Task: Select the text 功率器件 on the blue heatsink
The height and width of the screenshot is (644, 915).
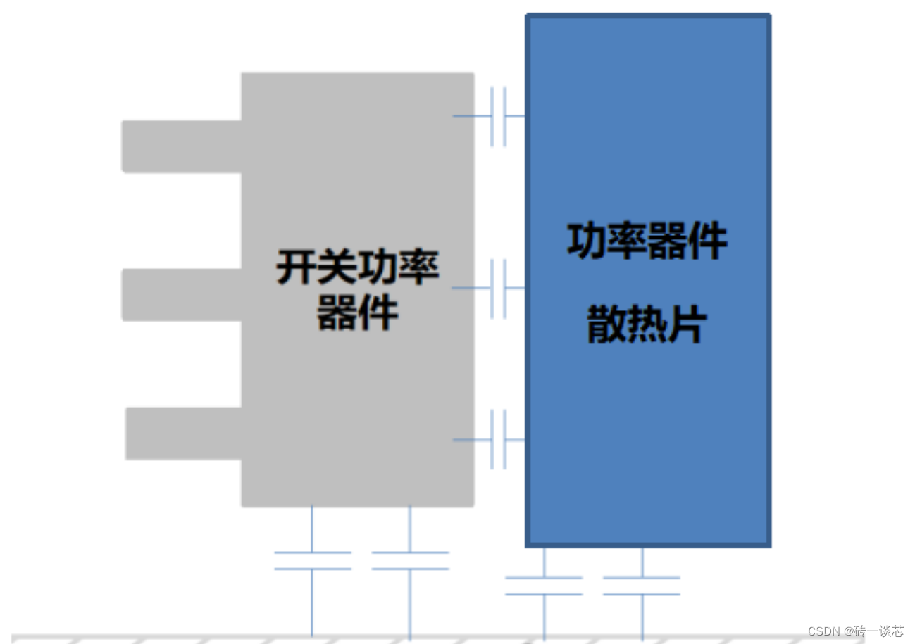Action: (x=647, y=241)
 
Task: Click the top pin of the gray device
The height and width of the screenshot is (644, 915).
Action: (x=182, y=146)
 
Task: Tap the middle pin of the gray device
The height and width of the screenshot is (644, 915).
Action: (x=182, y=295)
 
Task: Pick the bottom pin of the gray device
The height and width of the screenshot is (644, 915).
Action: (x=184, y=434)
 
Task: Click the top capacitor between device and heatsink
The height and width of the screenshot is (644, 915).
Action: (x=498, y=116)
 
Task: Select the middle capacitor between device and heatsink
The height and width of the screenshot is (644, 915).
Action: (x=498, y=289)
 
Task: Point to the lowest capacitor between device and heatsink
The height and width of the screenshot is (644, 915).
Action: (x=498, y=440)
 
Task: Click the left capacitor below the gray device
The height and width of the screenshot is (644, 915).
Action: (x=312, y=561)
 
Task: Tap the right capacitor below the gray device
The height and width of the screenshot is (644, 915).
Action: (x=410, y=561)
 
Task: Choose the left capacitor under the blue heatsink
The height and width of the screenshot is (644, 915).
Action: (x=544, y=586)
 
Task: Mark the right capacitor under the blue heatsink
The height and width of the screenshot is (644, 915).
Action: (x=642, y=586)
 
